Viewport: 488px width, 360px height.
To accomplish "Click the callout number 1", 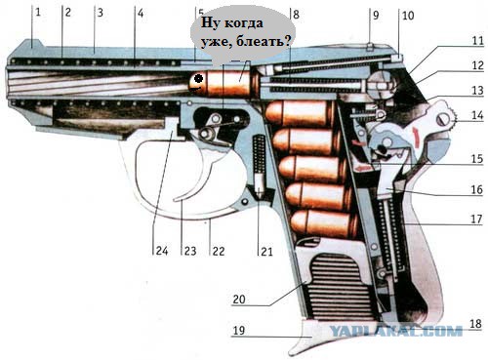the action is (38, 13).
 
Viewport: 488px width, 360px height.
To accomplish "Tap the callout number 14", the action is (477, 115).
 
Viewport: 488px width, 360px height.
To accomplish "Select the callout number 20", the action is (239, 300).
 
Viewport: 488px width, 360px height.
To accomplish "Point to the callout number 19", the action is (238, 331).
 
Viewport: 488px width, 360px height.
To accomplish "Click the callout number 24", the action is (162, 251).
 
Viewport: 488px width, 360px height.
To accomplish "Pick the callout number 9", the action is (376, 16).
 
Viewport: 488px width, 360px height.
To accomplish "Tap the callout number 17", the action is (476, 219).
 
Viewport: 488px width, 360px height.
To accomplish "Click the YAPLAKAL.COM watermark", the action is (396, 331).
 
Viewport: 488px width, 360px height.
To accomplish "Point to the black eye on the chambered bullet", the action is (198, 78).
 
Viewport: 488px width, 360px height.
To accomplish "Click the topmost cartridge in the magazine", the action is (300, 113).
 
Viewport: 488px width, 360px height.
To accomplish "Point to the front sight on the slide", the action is (32, 44).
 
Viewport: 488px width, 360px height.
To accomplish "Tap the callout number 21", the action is (266, 251).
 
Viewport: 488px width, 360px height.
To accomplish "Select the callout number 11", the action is (477, 41).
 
